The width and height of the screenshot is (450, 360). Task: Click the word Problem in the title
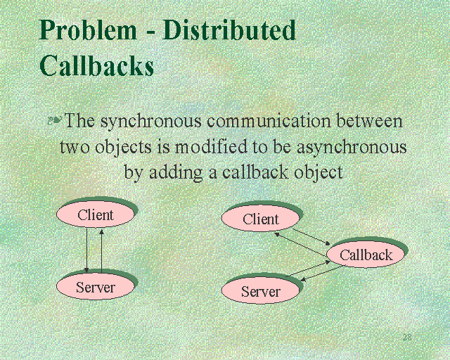point(88,32)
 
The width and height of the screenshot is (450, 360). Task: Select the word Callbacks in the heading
point(96,65)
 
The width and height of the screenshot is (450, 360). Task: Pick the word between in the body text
point(369,121)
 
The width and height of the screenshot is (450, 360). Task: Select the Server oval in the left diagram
point(96,287)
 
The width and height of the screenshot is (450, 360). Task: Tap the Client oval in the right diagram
point(261,219)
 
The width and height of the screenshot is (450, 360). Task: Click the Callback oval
point(366,255)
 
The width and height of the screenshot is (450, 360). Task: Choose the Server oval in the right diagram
point(261,292)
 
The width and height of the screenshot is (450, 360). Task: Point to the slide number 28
point(406,337)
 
